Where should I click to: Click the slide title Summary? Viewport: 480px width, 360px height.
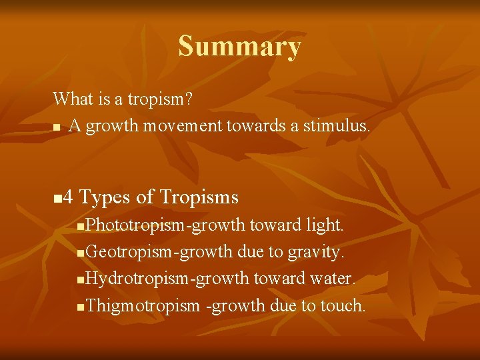(239, 47)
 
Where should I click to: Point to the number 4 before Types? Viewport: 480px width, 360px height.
(69, 197)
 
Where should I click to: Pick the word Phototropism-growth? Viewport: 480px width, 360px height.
(166, 225)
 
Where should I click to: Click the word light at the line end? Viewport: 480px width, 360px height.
(324, 225)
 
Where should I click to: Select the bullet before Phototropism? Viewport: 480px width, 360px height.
(81, 227)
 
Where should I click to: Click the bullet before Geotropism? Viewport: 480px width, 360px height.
(81, 254)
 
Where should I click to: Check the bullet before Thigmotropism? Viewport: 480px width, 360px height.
(81, 307)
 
